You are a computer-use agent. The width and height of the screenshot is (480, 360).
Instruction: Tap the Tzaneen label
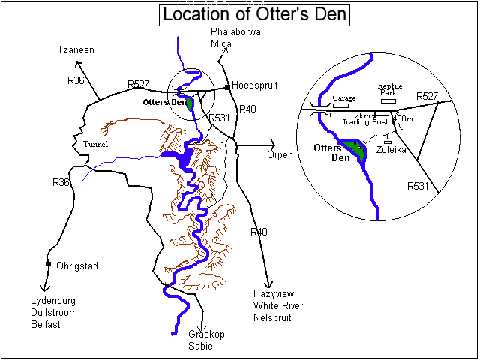pyautogui.click(x=76, y=49)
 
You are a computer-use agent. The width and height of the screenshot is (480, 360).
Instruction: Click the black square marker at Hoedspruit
pyautogui.click(x=227, y=87)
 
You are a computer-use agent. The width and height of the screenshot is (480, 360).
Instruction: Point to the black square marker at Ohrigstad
pyautogui.click(x=48, y=264)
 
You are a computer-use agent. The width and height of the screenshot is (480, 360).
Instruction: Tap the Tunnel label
pyautogui.click(x=97, y=144)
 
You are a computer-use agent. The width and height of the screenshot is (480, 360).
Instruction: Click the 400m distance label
pyautogui.click(x=402, y=119)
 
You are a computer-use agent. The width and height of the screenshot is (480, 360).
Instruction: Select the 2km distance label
pyautogui.click(x=362, y=115)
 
